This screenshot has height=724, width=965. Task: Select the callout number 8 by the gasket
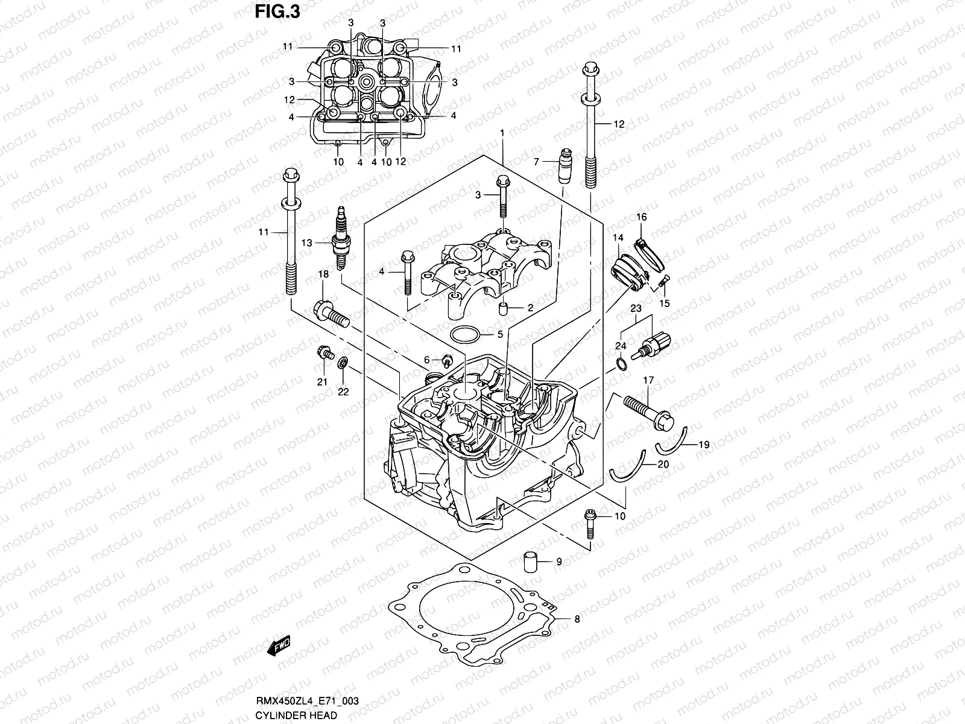pyautogui.click(x=577, y=619)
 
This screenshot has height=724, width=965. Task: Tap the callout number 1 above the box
pyautogui.click(x=501, y=132)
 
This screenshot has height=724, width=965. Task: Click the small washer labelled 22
pyautogui.click(x=343, y=363)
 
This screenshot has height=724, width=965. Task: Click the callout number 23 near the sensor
pyautogui.click(x=636, y=308)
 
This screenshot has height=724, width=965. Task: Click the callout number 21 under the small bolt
pyautogui.click(x=322, y=382)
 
